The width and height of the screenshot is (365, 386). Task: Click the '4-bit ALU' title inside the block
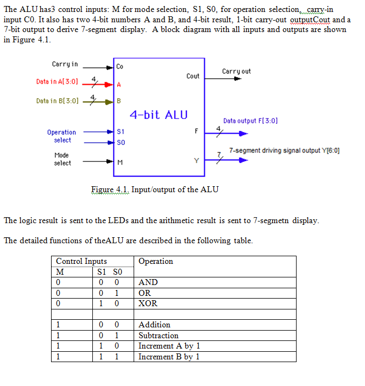[x=159, y=115]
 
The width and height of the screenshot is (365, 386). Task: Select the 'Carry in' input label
[x=65, y=64]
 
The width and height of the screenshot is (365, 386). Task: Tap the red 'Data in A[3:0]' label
[x=57, y=81]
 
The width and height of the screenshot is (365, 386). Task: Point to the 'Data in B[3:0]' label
[x=57, y=101]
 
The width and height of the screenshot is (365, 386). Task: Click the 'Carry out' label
[x=236, y=71]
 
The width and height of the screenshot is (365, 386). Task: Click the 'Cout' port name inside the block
[x=193, y=76]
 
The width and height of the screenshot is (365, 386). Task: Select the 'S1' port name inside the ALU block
[x=121, y=132]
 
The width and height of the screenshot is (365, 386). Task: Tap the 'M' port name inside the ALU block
[x=119, y=162]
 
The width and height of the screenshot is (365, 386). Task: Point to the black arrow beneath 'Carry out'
[x=236, y=79]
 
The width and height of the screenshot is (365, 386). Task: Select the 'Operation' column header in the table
[x=156, y=261]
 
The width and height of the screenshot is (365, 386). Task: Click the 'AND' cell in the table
[x=148, y=282]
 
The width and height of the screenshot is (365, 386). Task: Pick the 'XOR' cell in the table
[x=148, y=303]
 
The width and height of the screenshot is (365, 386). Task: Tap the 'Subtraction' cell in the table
[x=159, y=336]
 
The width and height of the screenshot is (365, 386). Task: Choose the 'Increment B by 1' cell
[x=169, y=357]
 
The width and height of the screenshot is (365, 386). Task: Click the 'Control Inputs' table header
[x=81, y=261]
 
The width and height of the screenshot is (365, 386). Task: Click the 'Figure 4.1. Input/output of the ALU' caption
[x=155, y=189]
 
